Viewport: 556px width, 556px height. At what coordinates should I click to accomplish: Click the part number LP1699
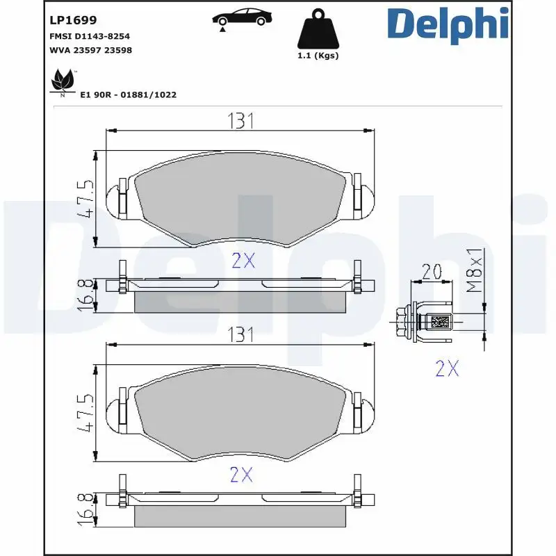coord(73,21)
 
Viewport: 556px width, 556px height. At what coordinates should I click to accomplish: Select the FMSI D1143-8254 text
coord(90,36)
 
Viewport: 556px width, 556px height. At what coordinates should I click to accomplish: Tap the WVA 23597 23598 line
coord(90,50)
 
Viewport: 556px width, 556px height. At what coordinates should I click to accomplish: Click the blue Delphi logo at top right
coord(448,24)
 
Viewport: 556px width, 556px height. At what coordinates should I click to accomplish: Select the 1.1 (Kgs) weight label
coord(317,56)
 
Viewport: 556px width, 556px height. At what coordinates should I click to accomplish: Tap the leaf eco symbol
coord(63,82)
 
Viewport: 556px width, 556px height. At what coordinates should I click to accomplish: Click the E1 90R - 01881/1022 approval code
coord(129,95)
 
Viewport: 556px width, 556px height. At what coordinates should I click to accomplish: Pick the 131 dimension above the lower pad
coord(239,336)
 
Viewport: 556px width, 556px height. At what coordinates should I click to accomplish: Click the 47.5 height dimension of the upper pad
coord(85,199)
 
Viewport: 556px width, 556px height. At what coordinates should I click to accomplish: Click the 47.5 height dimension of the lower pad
coord(85,414)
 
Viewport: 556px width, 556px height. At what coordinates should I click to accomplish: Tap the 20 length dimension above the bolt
coord(432,272)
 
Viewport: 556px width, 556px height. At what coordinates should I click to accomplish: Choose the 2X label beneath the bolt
coord(447,369)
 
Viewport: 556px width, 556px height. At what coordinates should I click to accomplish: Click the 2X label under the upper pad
coord(243,261)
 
